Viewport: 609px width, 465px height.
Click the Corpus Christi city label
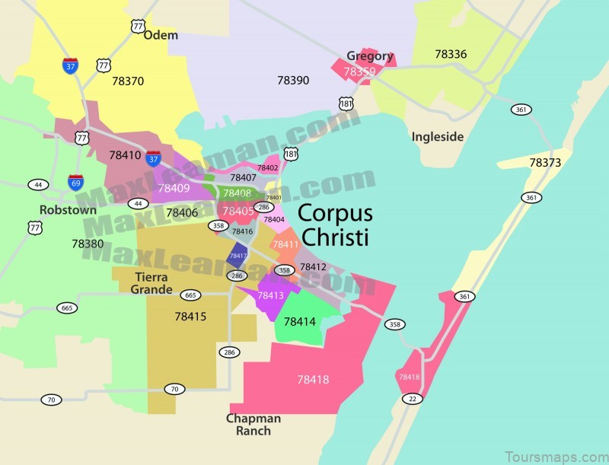point(333,225)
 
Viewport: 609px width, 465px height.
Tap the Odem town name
point(160,35)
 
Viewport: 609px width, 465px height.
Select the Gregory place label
point(370,56)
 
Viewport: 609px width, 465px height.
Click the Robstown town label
point(69,209)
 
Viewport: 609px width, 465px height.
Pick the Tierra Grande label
point(151,282)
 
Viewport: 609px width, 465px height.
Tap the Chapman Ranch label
point(253,425)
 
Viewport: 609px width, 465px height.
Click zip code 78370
point(128,80)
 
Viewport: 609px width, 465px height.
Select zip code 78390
point(293,79)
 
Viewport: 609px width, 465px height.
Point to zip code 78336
point(451,54)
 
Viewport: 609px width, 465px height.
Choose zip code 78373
point(545,162)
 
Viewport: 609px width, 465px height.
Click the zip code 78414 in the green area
point(299,321)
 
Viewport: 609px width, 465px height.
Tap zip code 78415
point(190,315)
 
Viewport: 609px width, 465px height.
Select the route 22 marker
point(412,399)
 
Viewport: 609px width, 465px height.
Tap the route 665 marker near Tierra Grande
point(190,295)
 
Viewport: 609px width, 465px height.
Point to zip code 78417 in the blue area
point(238,256)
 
